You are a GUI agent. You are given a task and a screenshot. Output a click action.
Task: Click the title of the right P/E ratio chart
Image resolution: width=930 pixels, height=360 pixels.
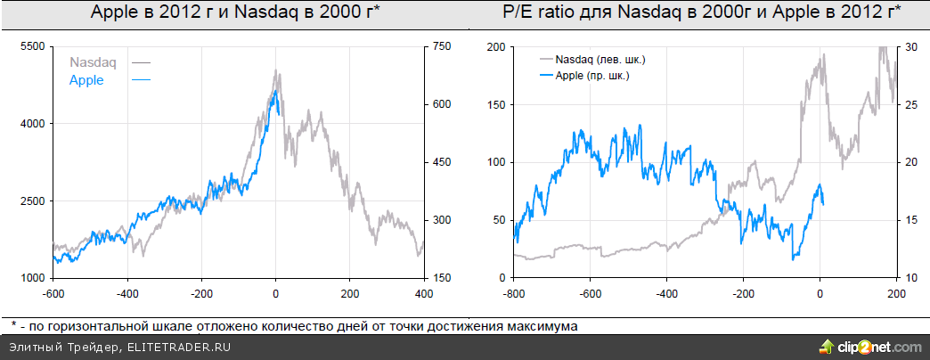point(702,12)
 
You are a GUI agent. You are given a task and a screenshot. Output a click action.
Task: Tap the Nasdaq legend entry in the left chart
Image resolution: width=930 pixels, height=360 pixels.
point(93,62)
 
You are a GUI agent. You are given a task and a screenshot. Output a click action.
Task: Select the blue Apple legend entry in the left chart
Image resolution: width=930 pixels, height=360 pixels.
point(86,80)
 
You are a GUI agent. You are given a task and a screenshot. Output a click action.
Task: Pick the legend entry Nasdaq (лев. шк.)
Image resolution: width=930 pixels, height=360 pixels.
point(600,60)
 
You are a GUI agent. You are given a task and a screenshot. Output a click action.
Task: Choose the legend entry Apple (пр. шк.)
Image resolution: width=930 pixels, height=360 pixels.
point(592,76)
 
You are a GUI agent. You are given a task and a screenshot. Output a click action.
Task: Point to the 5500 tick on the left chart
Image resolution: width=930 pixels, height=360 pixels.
point(32,46)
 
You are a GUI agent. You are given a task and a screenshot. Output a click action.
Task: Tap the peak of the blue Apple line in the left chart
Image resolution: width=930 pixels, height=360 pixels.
point(276,90)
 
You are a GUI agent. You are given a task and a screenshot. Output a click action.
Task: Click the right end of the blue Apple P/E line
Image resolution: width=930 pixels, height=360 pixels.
point(823,204)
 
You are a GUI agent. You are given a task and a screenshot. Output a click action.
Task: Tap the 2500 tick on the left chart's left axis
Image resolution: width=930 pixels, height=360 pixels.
point(32,201)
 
